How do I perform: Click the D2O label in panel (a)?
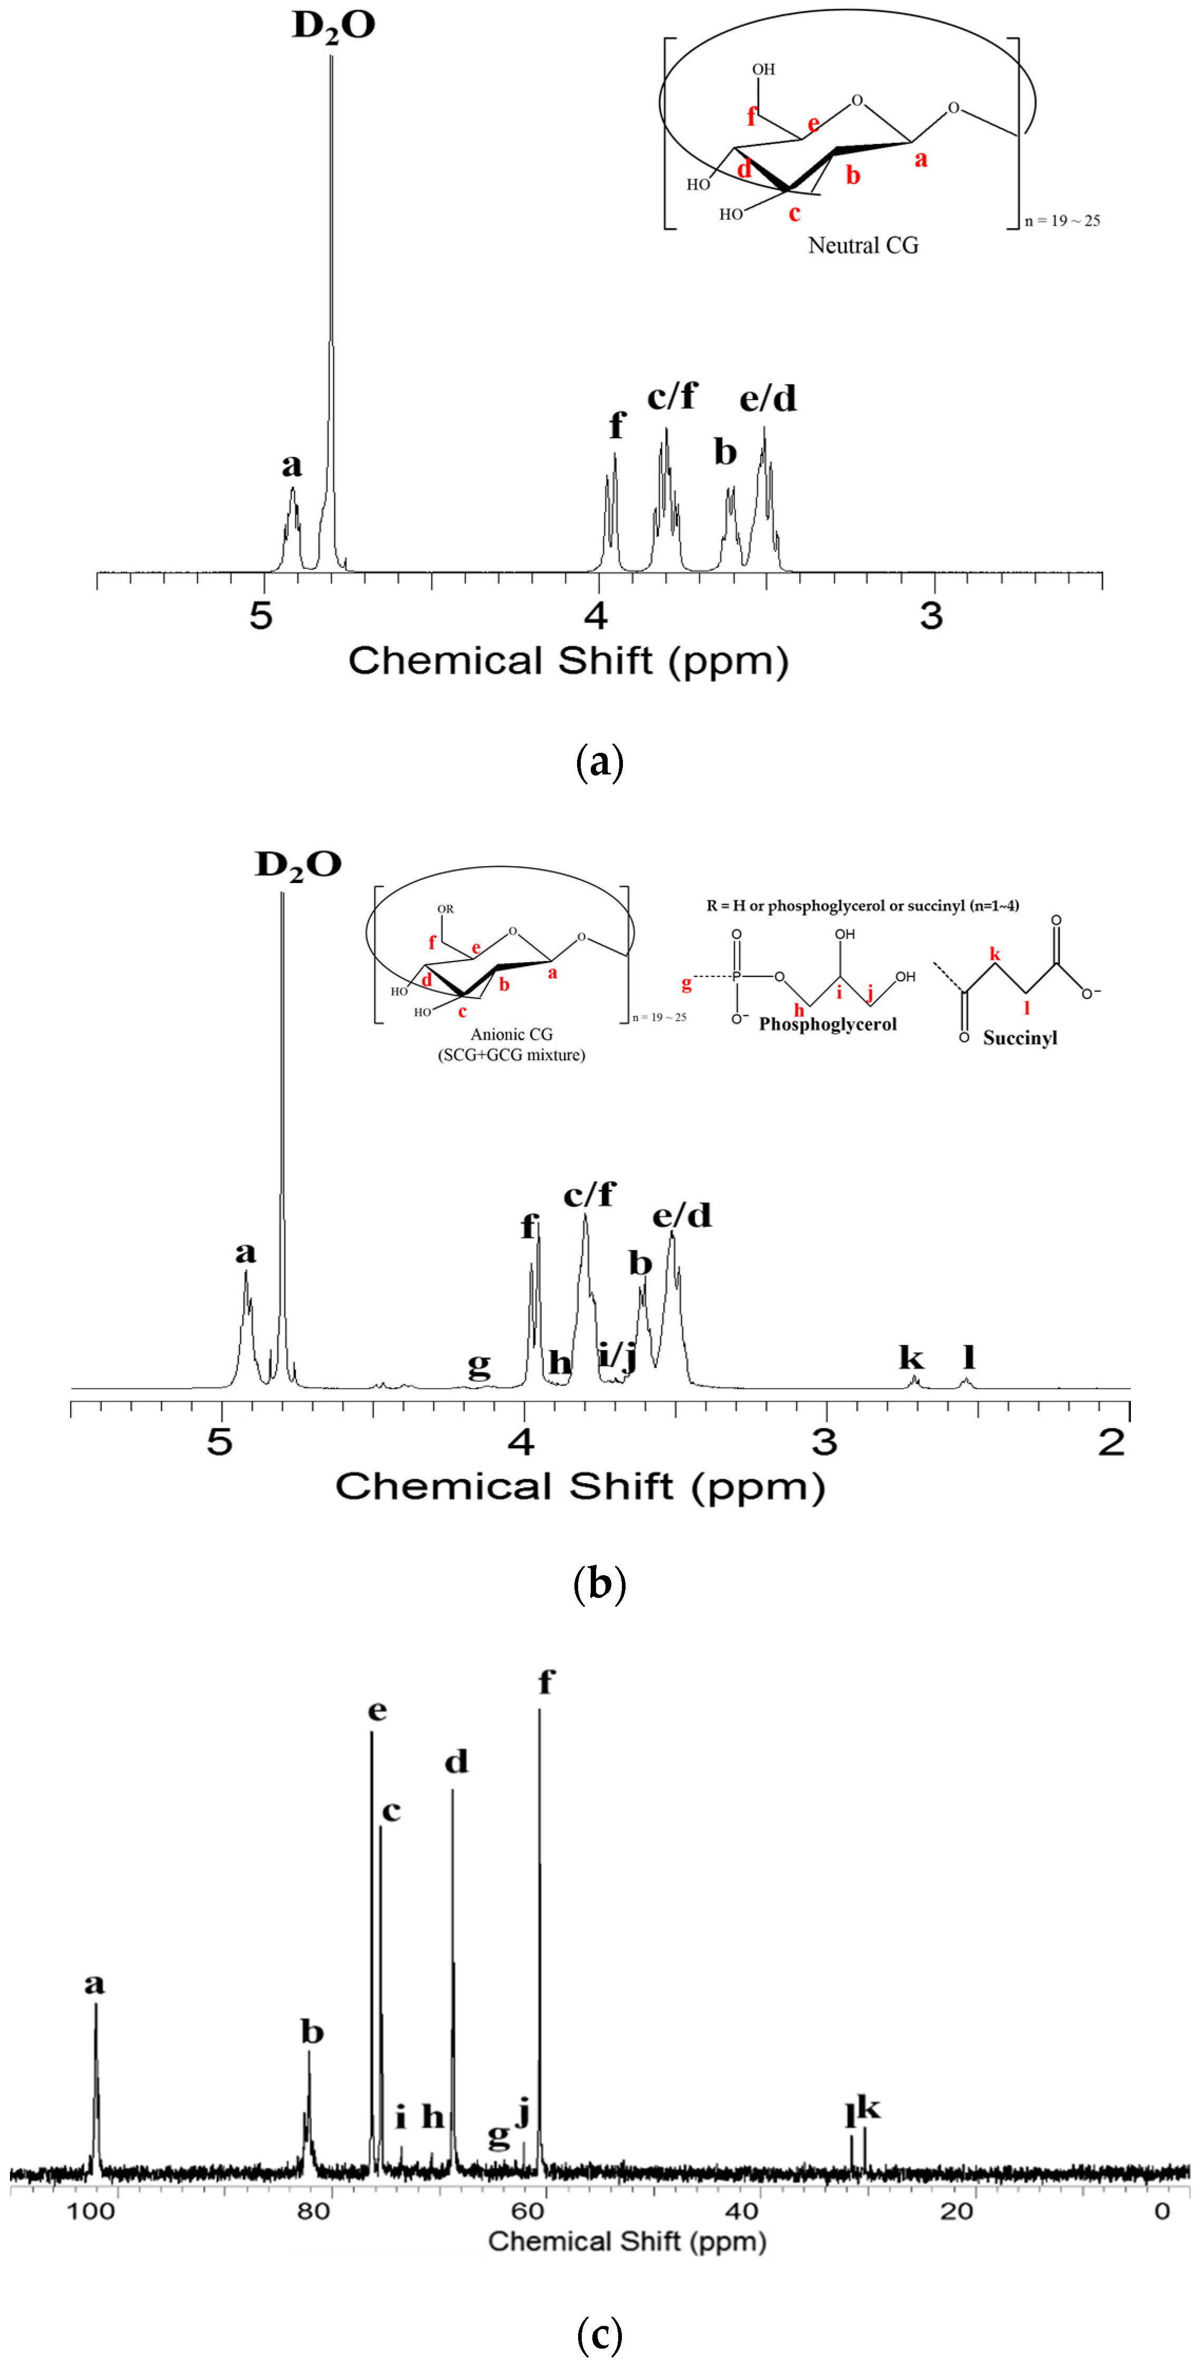[333, 26]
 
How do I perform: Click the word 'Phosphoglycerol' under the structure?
[827, 1024]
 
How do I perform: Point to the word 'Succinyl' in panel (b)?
[1020, 1038]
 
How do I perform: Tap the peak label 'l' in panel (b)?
[968, 1356]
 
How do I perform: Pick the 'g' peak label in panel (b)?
[479, 1366]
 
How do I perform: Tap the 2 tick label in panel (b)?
[1112, 1442]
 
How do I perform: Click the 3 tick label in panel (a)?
[932, 615]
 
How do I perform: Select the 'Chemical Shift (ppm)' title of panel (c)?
[627, 2241]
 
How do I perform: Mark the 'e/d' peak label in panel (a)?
[768, 399]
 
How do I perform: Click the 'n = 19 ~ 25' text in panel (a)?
[1062, 220]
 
